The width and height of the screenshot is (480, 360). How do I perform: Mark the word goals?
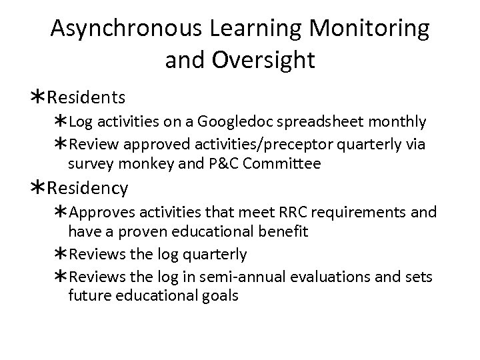(x=215, y=295)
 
